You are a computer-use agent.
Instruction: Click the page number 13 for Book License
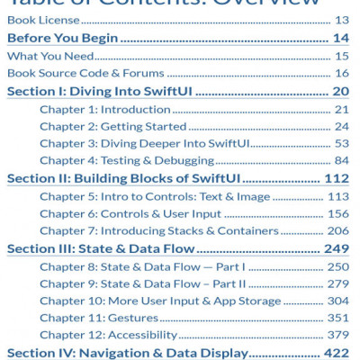point(341,20)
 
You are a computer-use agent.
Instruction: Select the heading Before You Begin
point(63,38)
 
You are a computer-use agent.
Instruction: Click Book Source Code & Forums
point(73,73)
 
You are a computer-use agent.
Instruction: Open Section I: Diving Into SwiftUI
point(102,91)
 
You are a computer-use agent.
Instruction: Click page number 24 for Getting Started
point(340,126)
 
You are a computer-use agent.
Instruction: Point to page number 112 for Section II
point(336,178)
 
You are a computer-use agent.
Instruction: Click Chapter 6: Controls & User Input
point(130,213)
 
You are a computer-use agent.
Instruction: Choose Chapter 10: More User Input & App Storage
point(160,301)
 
